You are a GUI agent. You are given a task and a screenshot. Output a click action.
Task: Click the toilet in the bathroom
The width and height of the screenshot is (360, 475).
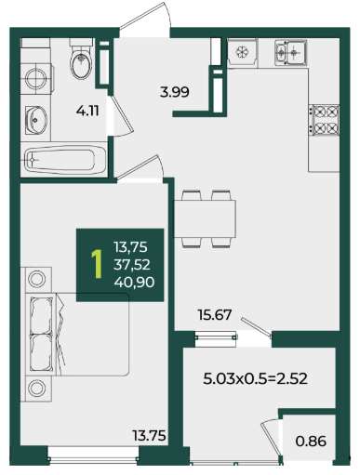coord(81,59)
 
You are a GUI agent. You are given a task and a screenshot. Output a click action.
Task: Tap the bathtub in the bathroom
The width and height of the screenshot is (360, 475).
coord(65,160)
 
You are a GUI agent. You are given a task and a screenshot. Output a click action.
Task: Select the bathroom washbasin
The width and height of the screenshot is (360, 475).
coord(36,120)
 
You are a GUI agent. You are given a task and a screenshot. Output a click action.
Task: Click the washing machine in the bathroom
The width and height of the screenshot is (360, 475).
coord(36,78)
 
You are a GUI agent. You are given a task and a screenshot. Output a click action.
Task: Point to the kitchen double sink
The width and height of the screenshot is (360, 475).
coord(291,52)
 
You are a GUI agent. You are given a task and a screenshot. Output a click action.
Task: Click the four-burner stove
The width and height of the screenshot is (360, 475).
coord(325,120)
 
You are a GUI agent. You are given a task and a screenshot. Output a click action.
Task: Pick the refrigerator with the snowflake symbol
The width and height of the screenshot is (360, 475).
coord(242,52)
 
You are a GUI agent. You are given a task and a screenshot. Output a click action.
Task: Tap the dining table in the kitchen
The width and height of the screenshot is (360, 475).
coord(205,219)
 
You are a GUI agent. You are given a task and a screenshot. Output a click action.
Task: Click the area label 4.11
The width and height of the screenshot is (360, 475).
coord(87,111)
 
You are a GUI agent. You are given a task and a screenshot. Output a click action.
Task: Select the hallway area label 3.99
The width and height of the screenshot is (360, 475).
coord(175,92)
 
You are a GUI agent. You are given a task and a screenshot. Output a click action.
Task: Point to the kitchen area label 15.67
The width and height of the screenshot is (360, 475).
coord(215,315)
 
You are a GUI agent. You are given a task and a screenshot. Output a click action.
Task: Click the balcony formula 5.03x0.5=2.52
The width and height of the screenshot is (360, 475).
coord(255,378)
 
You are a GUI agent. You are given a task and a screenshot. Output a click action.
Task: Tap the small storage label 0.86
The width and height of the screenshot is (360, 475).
coord(311,442)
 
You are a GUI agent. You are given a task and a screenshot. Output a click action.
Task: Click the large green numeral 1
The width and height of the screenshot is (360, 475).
coord(97,264)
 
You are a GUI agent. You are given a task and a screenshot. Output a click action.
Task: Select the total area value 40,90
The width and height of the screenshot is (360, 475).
coord(134,283)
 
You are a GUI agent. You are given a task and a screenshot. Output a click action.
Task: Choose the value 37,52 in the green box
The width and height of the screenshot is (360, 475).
coord(132,265)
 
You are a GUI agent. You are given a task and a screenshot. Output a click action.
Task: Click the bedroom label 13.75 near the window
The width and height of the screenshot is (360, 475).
coord(150,436)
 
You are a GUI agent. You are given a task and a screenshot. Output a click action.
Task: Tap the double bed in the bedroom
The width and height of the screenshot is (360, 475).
coord(74,335)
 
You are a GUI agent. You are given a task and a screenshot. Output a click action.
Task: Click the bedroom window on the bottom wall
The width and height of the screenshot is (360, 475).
coord(93,455)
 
